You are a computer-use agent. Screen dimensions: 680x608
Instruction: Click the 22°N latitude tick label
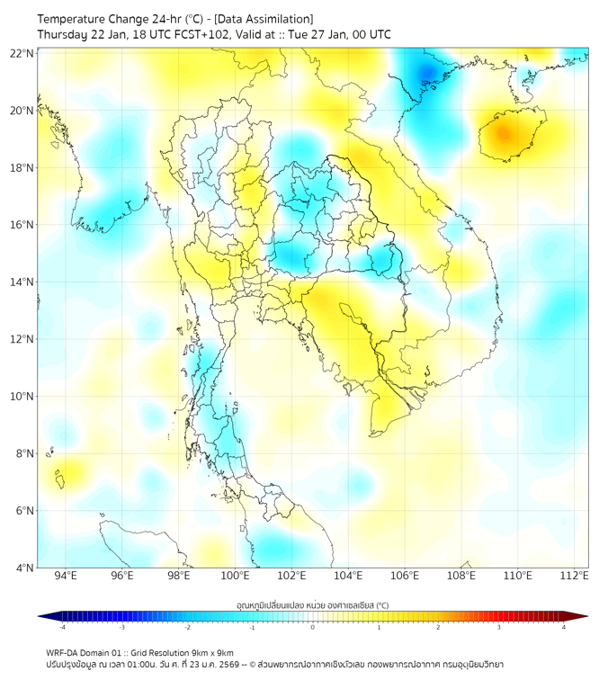click(22, 53)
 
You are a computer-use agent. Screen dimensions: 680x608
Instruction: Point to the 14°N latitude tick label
click(22, 282)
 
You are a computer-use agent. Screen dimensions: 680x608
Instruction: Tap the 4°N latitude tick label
click(25, 568)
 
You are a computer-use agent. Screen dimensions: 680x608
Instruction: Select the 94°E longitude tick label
click(66, 576)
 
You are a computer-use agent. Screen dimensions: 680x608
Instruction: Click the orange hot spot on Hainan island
click(503, 135)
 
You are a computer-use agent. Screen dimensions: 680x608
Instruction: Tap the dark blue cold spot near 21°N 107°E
click(425, 72)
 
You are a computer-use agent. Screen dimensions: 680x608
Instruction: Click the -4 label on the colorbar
click(61, 627)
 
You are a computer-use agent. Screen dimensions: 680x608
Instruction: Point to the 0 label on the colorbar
click(312, 627)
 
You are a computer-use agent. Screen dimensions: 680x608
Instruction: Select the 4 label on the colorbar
click(564, 627)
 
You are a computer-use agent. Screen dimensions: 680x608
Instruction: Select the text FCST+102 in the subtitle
click(183, 35)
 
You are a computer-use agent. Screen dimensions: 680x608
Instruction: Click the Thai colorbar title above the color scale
click(312, 605)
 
